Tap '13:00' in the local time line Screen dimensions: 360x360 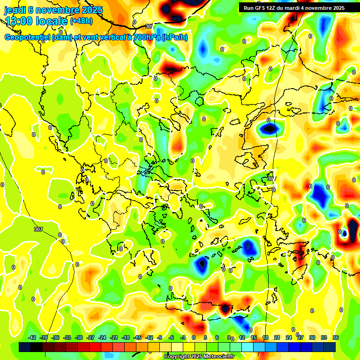(x=18, y=21)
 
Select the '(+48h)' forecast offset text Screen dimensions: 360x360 (x=81, y=21)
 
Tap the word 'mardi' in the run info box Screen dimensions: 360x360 (x=300, y=8)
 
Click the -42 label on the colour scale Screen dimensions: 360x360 (x=32, y=337)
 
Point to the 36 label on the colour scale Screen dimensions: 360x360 (x=335, y=337)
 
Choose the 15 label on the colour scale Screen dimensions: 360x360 (x=254, y=337)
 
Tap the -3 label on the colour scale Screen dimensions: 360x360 (x=184, y=337)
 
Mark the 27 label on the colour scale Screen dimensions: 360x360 (x=300, y=337)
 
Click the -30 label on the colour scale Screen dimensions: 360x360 (x=79, y=337)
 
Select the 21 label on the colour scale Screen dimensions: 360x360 (x=277, y=337)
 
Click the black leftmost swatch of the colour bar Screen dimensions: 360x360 (x=25, y=347)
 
